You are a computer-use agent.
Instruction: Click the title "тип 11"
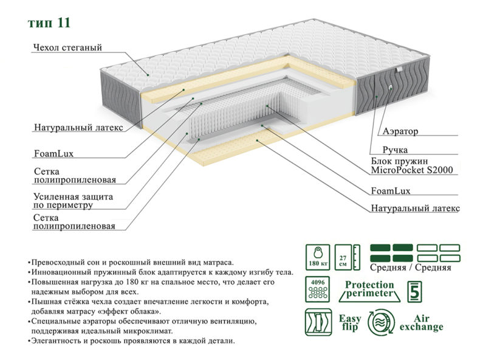50,23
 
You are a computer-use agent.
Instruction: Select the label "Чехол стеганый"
67,47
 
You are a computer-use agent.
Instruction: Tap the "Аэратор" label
400,131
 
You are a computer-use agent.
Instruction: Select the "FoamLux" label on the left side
53,154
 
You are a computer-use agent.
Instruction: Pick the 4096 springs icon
317,290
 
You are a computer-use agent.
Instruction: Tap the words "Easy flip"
350,323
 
